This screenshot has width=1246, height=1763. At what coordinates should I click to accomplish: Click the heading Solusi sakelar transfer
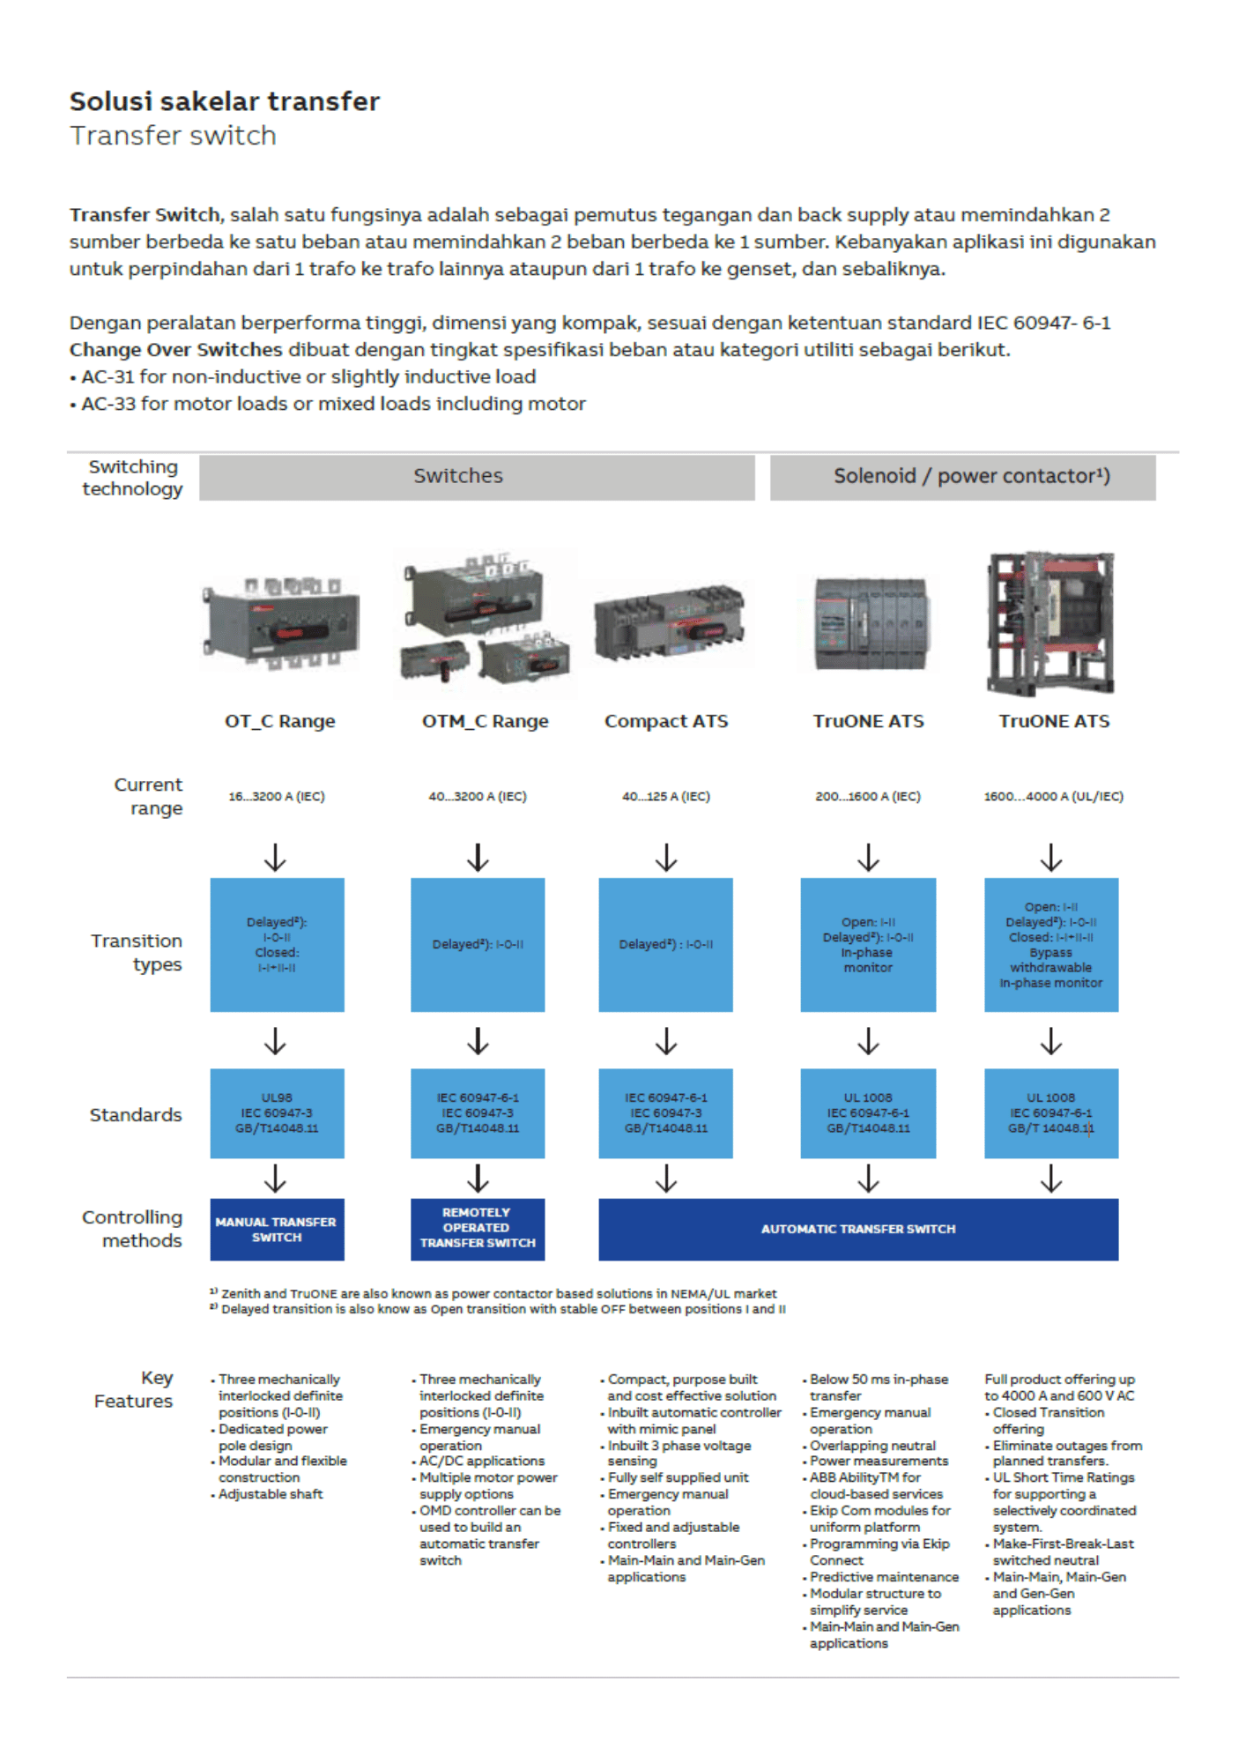(x=225, y=101)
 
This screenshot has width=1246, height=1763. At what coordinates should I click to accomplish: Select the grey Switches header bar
(x=477, y=477)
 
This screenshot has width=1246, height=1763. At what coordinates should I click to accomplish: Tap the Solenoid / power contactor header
(x=962, y=477)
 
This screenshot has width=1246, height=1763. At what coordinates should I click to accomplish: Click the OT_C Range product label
(x=280, y=721)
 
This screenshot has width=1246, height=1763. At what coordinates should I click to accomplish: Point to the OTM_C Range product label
(x=485, y=721)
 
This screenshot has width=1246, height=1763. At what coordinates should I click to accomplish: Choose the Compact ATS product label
(x=666, y=721)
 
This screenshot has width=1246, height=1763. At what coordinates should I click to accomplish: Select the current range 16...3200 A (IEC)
(x=277, y=797)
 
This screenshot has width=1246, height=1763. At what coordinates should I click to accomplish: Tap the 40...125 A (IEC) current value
(x=666, y=797)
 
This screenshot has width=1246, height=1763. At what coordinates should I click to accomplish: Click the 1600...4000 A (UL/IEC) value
(x=1054, y=797)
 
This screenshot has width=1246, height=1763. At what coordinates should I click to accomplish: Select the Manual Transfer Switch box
(x=277, y=1229)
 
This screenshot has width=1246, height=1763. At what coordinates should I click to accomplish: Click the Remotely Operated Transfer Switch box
(x=478, y=1229)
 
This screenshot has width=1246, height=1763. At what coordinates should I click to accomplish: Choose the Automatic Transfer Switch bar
(x=858, y=1229)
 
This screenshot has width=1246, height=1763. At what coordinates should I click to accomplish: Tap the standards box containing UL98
(x=277, y=1113)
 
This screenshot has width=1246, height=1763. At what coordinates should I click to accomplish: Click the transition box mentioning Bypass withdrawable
(x=1051, y=944)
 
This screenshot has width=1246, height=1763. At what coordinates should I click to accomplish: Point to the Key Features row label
(x=134, y=1389)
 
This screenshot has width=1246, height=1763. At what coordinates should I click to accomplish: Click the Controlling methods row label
(x=132, y=1229)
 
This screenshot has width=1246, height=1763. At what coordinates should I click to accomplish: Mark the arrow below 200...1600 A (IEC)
(x=869, y=858)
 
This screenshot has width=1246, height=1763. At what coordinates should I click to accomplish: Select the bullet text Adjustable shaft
(x=271, y=1494)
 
